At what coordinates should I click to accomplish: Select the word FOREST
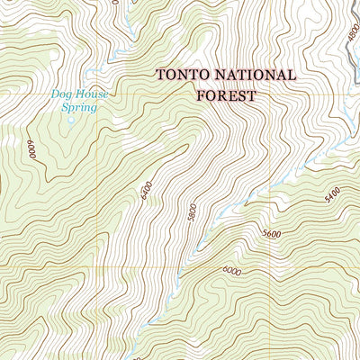[x=226, y=94]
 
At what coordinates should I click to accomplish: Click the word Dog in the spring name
[x=62, y=92]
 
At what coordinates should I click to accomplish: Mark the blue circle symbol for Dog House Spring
[x=70, y=118]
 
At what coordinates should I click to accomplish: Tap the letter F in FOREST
[x=201, y=94]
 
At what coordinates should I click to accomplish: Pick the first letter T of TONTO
[x=162, y=76]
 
